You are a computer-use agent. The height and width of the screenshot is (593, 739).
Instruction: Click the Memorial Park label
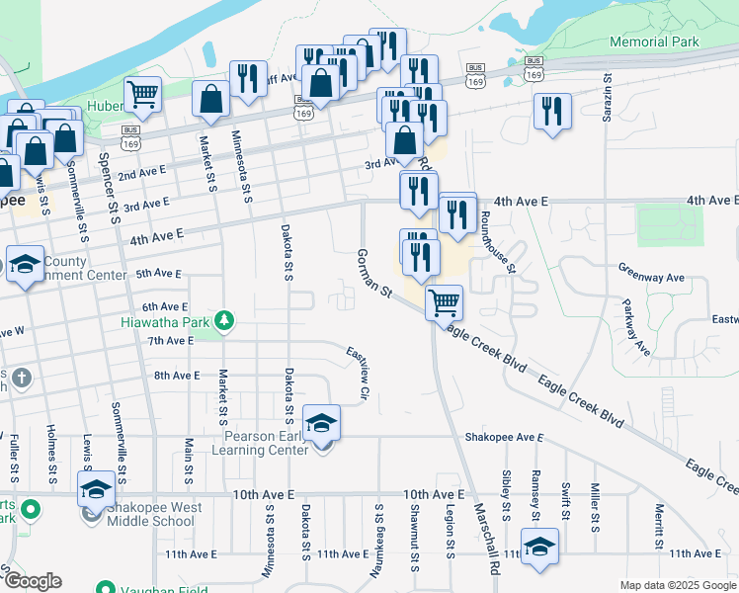click(x=654, y=42)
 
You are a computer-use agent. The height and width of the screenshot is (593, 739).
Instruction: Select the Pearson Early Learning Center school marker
click(x=320, y=424)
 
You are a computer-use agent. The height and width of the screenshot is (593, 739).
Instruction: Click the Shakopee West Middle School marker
click(x=96, y=489)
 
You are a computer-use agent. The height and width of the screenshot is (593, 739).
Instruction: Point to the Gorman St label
click(x=374, y=275)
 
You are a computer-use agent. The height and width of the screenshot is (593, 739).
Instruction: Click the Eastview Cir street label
click(x=358, y=374)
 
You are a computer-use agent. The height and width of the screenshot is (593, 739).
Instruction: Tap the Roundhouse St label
click(x=497, y=242)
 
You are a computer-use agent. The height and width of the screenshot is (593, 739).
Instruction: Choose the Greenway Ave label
click(x=651, y=267)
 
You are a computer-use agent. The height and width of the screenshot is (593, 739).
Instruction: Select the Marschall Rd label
click(x=484, y=538)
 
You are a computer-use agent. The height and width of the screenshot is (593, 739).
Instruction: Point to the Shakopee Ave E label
click(x=504, y=437)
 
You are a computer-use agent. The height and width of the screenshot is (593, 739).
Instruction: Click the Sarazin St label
click(x=609, y=99)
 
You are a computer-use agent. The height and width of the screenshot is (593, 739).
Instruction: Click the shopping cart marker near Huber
click(x=143, y=96)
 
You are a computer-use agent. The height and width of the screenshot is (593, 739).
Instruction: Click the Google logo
click(x=33, y=581)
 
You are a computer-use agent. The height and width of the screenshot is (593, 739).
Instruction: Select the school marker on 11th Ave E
click(x=540, y=548)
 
